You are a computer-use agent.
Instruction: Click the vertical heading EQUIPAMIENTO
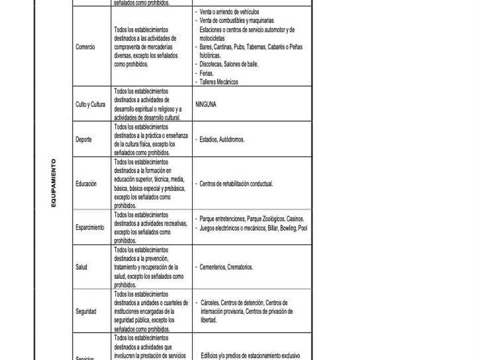coord(54,183)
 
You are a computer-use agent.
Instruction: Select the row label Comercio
coord(85,47)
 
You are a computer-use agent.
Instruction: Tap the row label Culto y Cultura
coord(90,105)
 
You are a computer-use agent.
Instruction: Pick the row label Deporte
coord(83,139)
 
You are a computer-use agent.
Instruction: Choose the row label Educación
coord(86,184)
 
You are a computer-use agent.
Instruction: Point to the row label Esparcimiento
coord(90,227)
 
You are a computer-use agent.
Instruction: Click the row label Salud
coord(81,267)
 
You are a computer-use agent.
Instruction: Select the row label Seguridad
coord(86,311)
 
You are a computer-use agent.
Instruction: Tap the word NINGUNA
coord(206,105)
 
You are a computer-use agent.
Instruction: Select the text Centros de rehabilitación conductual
coord(236,184)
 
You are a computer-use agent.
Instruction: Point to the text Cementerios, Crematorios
coord(226,267)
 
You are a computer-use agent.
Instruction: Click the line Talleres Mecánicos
coord(219,82)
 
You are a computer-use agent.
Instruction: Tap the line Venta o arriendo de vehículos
coord(229,12)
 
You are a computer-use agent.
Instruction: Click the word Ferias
coord(206,73)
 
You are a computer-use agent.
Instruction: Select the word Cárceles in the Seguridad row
coord(210,303)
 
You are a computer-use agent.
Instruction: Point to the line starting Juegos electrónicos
coord(253,228)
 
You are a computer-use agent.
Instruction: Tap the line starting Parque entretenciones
coord(251,219)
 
